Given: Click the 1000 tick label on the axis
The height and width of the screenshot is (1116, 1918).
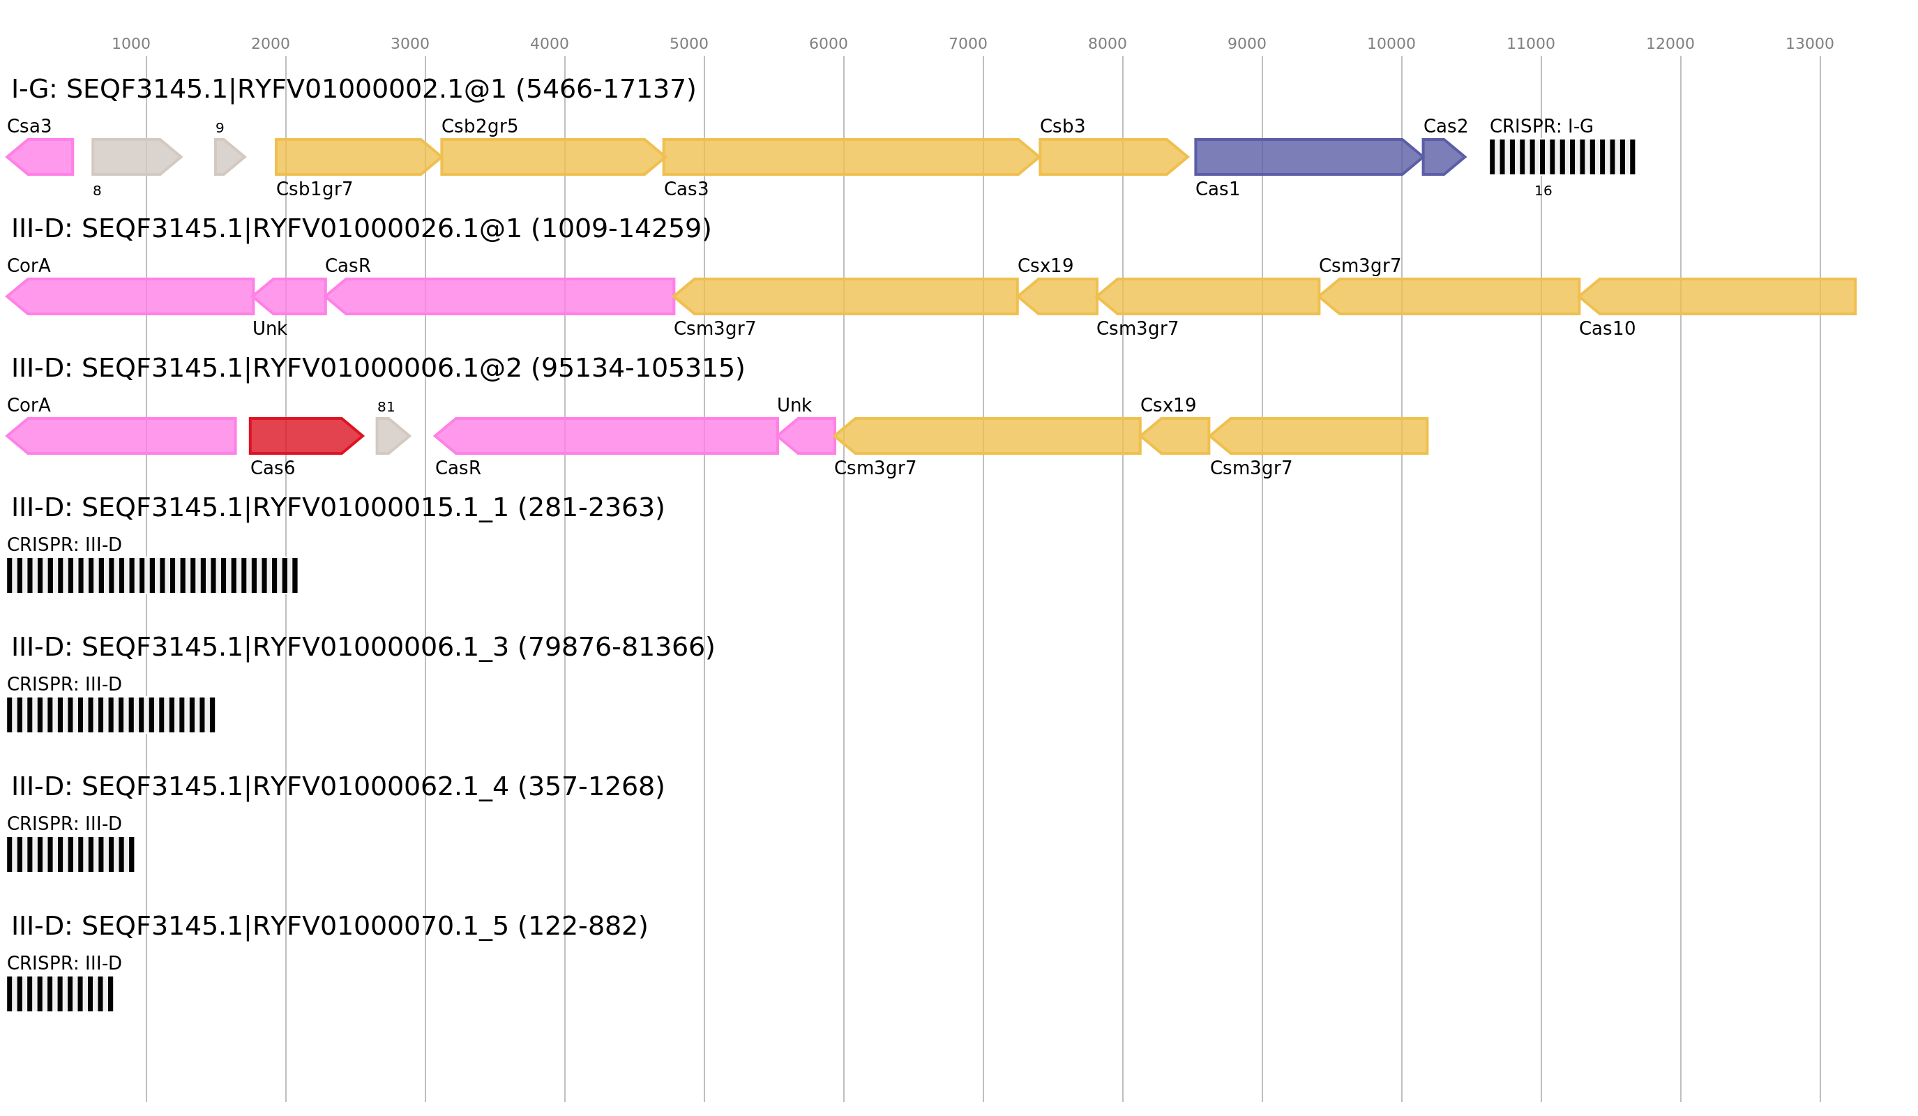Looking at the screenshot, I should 130,44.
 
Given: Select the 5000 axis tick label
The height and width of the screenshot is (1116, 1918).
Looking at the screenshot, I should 688,44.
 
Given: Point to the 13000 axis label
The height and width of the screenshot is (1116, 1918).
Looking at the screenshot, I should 1809,44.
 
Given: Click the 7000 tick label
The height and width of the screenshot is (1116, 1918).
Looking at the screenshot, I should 967,44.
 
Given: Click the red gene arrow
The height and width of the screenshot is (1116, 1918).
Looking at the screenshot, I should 305,436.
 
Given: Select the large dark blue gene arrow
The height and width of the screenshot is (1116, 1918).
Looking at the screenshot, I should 1306,157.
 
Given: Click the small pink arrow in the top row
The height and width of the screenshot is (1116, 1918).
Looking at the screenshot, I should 42,157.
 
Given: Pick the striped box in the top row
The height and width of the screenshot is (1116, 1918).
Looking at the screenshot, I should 1562,157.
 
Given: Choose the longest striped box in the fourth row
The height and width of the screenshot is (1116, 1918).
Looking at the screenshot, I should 152,575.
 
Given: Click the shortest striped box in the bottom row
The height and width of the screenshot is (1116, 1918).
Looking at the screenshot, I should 60,994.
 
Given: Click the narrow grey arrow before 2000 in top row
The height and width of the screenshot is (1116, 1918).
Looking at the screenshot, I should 228,157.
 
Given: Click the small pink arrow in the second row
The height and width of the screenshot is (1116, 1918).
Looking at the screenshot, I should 292,296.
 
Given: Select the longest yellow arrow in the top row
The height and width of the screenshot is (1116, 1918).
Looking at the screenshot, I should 849,157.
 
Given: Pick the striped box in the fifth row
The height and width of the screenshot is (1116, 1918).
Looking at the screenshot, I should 111,715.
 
